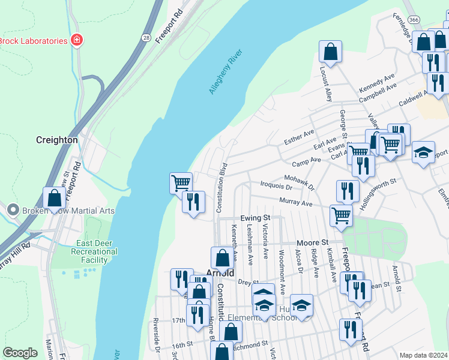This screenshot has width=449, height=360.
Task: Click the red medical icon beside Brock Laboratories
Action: point(76,41)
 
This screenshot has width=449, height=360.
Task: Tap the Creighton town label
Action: point(56,140)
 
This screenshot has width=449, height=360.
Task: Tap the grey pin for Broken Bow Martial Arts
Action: point(13,210)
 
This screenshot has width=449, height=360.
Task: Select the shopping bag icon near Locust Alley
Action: point(330,51)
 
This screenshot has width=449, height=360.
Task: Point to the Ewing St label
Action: point(255,218)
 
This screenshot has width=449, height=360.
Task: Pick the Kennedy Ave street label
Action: point(376,83)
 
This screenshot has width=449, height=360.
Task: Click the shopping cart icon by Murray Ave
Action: point(341,214)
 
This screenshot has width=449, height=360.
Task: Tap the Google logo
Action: point(20,353)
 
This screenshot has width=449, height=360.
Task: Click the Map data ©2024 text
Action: point(423,355)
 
